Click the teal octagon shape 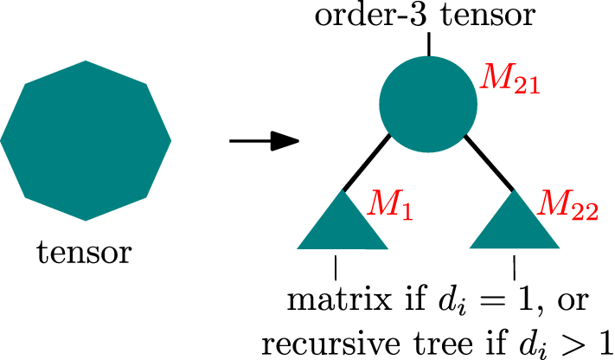tap(86, 140)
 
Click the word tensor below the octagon tap(85, 253)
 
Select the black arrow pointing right tap(263, 140)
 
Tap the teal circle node tap(428, 104)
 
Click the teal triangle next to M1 tap(343, 225)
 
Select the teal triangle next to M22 tap(514, 225)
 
